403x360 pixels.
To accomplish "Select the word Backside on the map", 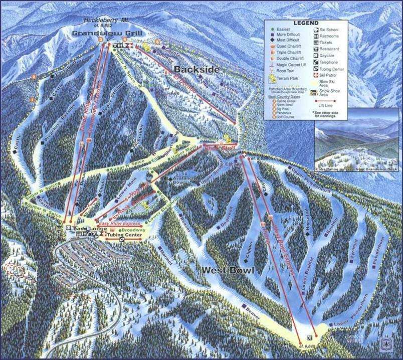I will (196, 69).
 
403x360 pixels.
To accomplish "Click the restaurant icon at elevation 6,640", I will (309, 336).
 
